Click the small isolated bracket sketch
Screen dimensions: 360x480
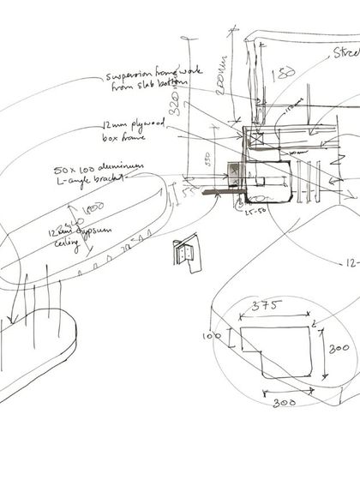pos(183,252)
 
